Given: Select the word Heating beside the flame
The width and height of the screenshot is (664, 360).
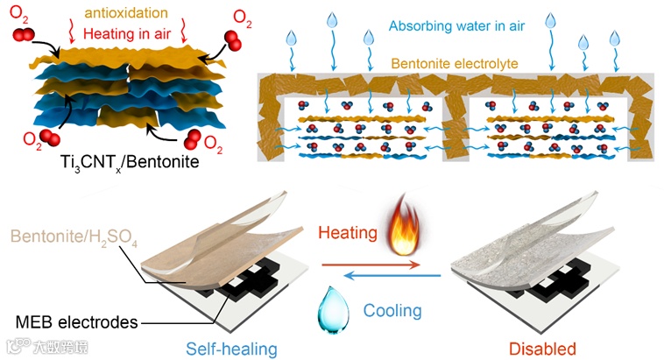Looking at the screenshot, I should (x=349, y=234).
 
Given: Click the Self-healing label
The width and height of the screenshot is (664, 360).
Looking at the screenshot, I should (x=234, y=348).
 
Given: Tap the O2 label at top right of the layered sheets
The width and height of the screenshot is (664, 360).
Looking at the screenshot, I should (x=238, y=16).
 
